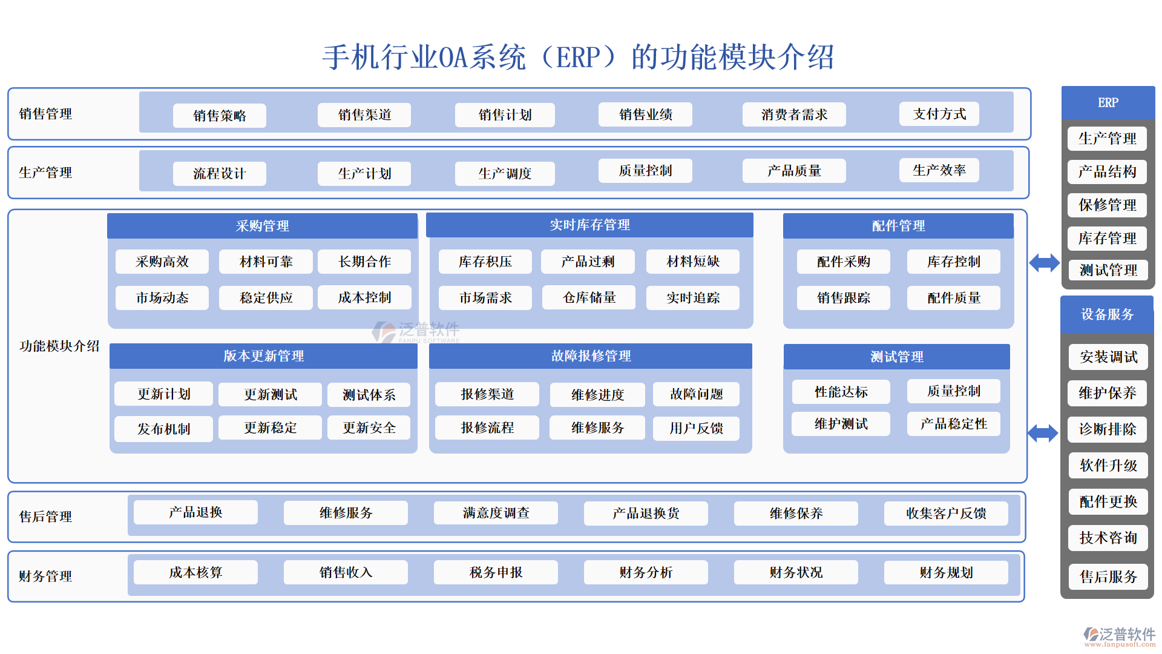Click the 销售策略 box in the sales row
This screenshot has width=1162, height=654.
[219, 116]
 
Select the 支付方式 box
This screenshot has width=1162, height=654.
[939, 114]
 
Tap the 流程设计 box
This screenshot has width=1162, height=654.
[219, 174]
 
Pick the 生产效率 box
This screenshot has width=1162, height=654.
[939, 171]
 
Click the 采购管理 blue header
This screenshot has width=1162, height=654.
[262, 226]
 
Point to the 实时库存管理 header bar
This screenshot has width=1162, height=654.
[589, 225]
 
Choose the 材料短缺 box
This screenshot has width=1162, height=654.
[693, 262]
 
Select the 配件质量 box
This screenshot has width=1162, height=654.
[953, 298]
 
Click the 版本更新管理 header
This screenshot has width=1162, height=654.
[263, 356]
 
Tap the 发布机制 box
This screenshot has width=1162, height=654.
[163, 429]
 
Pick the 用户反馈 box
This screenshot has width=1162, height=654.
[696, 428]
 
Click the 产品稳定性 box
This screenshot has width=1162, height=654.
[953, 424]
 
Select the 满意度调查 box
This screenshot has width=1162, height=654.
[496, 514]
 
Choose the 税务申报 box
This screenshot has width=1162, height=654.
[496, 572]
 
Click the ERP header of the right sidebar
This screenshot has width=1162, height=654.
[1108, 103]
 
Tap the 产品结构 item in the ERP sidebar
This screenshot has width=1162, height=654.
[1107, 172]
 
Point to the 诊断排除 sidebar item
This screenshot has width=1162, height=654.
[1108, 429]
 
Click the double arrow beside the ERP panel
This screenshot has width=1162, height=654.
[1044, 263]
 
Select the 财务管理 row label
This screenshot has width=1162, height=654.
[45, 576]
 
